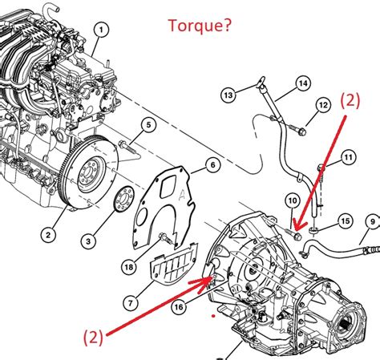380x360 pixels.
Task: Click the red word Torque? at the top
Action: (x=200, y=26)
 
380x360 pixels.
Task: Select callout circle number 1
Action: (x=101, y=30)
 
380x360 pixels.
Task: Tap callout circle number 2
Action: (x=48, y=235)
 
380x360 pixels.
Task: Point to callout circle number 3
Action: (x=88, y=241)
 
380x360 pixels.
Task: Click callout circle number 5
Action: (x=148, y=125)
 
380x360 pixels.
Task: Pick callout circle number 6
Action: (x=212, y=165)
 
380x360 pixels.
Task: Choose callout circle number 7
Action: (x=131, y=303)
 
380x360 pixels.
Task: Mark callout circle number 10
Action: (x=293, y=200)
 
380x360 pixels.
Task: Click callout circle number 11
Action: (x=349, y=157)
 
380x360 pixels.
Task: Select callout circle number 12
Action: (x=324, y=105)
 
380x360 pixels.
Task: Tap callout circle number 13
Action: (x=228, y=95)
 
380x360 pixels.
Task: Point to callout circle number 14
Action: (x=303, y=83)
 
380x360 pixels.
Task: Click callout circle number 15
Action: (x=346, y=221)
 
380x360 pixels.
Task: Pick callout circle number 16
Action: (x=179, y=307)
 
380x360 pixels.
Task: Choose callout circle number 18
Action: (x=129, y=267)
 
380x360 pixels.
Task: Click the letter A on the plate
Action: (x=182, y=195)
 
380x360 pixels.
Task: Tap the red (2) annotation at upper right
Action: (x=350, y=101)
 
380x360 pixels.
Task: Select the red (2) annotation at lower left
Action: (x=93, y=337)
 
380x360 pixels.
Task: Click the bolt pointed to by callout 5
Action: (x=127, y=147)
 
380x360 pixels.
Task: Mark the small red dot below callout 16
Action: (x=213, y=316)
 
